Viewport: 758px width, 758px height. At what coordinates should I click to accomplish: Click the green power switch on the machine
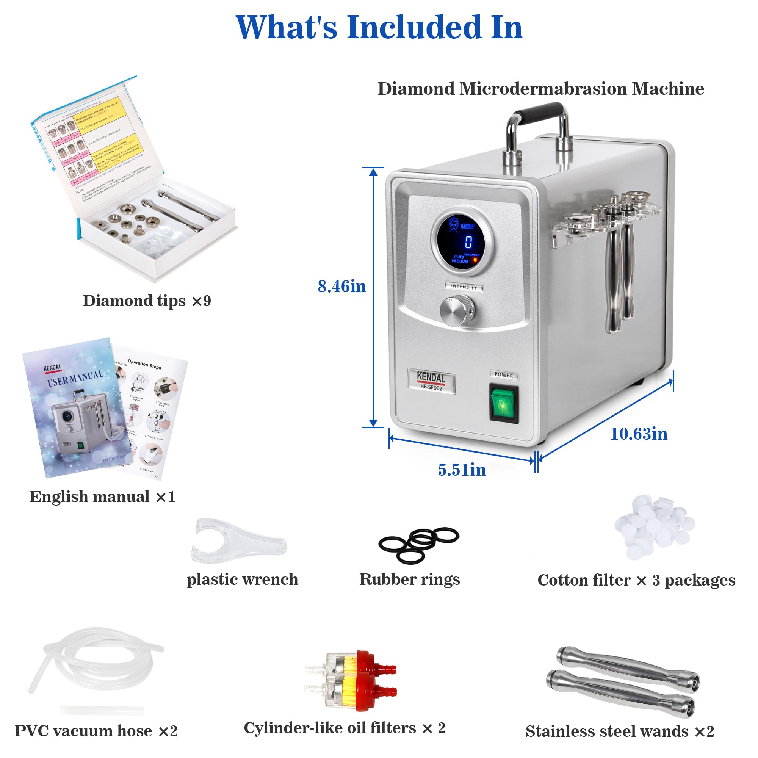click(504, 404)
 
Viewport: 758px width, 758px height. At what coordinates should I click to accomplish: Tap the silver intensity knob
click(457, 311)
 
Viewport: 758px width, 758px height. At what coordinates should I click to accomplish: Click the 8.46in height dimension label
click(341, 287)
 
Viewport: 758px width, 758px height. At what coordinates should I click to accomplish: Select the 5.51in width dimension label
click(462, 470)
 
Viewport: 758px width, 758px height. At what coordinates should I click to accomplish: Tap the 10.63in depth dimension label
click(639, 434)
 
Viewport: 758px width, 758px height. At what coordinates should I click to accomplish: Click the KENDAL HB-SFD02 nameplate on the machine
click(431, 381)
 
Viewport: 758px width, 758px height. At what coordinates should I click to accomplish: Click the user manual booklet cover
click(75, 408)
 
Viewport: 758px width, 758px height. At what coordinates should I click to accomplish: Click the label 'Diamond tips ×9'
click(147, 301)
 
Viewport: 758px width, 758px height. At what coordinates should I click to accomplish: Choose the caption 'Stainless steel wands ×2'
click(620, 731)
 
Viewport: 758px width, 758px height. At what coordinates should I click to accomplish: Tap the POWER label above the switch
click(504, 375)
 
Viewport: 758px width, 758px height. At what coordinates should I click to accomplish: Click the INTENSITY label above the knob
click(464, 287)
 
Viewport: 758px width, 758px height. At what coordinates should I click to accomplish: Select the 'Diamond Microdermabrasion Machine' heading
click(541, 89)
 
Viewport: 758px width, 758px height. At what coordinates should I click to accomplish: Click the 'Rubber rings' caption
click(410, 579)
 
